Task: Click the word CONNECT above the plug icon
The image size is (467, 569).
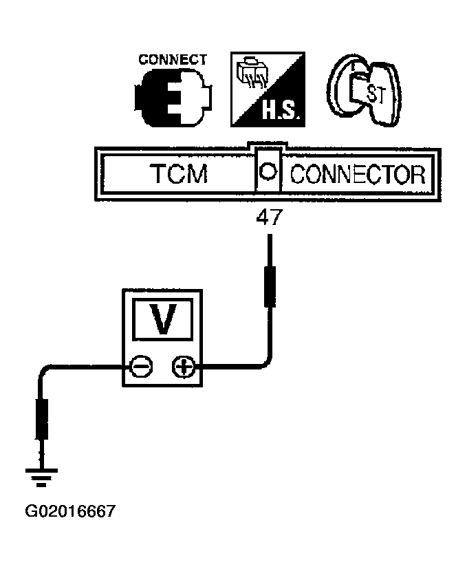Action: [172, 60]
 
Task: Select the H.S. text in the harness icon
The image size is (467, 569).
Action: [279, 110]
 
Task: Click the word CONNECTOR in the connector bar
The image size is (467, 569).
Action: [357, 175]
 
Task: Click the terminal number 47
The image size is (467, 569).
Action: [269, 219]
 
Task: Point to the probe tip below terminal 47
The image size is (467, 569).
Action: [270, 286]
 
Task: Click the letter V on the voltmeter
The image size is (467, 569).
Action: [162, 321]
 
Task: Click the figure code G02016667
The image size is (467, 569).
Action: [69, 511]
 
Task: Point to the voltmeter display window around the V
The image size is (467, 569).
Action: [162, 320]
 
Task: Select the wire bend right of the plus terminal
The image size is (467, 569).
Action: [265, 363]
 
